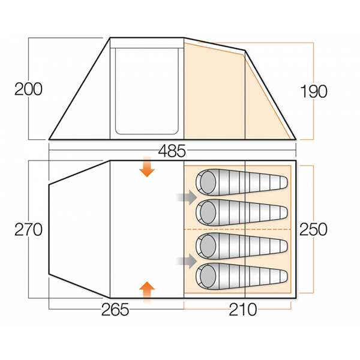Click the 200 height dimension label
point(28,89)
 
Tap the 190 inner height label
point(314,91)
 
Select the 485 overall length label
point(172,151)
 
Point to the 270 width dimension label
point(28,230)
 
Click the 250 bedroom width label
point(313,229)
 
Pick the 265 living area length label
point(115,310)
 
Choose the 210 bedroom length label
point(243,310)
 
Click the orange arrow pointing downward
point(147,167)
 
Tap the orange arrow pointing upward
point(147,292)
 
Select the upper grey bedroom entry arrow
point(187,197)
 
